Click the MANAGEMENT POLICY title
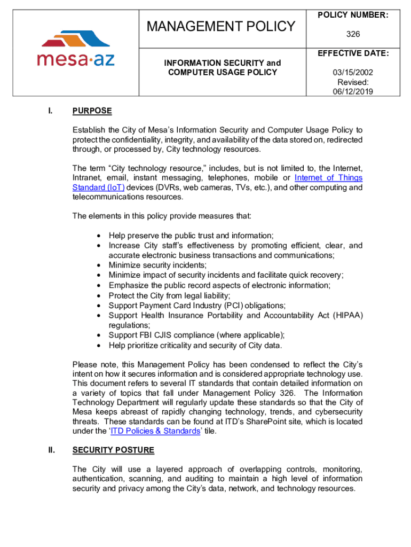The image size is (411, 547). point(222,26)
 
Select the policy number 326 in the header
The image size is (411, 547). point(353,34)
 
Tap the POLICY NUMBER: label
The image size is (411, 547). point(353,15)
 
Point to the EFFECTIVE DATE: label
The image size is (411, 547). point(353,54)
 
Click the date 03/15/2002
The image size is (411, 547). point(353,73)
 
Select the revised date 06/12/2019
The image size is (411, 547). point(353,91)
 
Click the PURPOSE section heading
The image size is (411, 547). point(92,111)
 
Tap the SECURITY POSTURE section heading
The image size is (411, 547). point(113,450)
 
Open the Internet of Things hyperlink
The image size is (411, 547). point(328,178)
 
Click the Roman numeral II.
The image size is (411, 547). point(51,450)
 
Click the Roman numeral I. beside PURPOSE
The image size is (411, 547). point(50,111)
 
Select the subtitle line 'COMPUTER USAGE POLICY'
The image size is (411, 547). point(222,72)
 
